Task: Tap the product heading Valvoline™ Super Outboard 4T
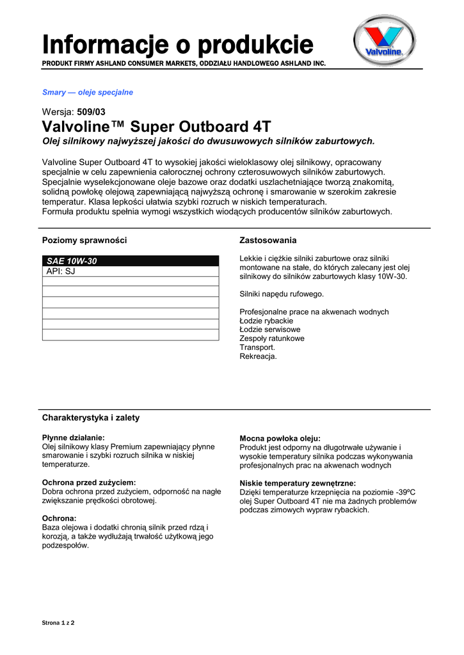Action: click(x=156, y=125)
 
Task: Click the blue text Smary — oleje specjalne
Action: click(x=87, y=92)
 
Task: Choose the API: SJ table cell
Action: click(x=130, y=271)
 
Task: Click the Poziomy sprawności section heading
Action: click(x=84, y=241)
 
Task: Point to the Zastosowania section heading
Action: click(x=268, y=241)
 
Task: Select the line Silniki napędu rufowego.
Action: click(x=282, y=294)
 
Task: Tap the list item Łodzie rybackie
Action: click(x=266, y=320)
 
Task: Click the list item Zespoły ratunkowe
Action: click(x=272, y=338)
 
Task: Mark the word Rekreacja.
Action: click(x=258, y=356)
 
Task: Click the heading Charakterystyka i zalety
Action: click(x=91, y=418)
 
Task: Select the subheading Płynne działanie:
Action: click(x=73, y=438)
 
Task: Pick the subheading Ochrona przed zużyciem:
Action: click(x=89, y=482)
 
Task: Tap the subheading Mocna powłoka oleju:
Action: click(x=280, y=438)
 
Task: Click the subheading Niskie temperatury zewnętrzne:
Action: click(x=298, y=483)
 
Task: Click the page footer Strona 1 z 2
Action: click(x=58, y=622)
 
